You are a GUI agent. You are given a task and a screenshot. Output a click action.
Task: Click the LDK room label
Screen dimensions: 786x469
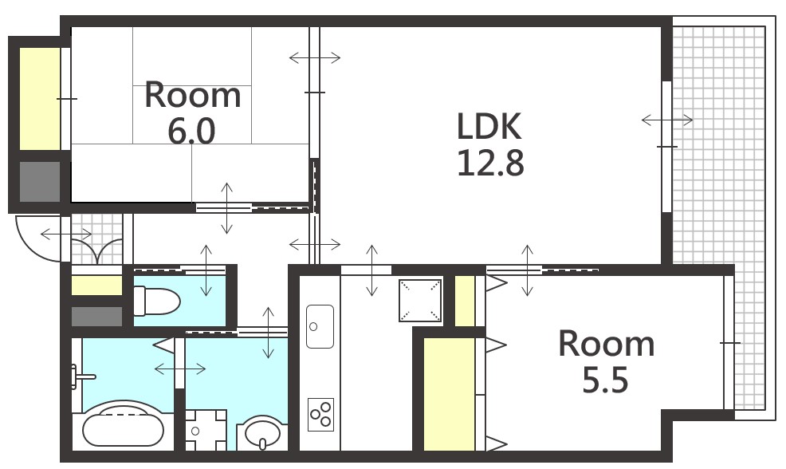click(489, 126)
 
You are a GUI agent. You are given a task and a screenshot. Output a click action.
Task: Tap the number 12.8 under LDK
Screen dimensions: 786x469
click(490, 163)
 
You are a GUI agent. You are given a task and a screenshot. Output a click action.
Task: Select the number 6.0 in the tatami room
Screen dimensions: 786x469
click(191, 131)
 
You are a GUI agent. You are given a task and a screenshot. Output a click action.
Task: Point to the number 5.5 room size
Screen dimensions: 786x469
click(605, 380)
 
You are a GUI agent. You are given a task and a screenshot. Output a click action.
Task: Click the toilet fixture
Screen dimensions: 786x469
click(156, 301)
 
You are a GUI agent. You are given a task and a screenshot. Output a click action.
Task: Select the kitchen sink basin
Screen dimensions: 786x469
click(320, 326)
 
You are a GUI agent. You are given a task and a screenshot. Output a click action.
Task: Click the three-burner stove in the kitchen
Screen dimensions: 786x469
click(320, 414)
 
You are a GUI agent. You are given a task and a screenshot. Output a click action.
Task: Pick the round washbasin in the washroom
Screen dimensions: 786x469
click(262, 433)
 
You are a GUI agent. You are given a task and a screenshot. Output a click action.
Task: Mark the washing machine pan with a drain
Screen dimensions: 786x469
click(206, 430)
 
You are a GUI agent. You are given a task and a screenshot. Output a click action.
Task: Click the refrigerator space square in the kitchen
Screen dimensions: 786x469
click(420, 300)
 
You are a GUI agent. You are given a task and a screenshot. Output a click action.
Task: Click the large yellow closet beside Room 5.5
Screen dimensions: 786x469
click(449, 394)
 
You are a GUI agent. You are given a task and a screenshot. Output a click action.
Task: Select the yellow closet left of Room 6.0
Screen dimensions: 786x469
click(40, 98)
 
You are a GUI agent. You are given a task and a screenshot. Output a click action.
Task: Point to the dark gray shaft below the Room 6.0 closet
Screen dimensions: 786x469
click(40, 182)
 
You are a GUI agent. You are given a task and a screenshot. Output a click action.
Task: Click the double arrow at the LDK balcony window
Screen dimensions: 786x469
click(667, 120)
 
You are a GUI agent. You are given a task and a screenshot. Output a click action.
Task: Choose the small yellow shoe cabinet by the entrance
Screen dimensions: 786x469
click(96, 286)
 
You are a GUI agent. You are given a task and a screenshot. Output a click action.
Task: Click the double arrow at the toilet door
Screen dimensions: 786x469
click(206, 270)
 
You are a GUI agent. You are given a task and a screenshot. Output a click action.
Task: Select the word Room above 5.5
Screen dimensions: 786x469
click(607, 344)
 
